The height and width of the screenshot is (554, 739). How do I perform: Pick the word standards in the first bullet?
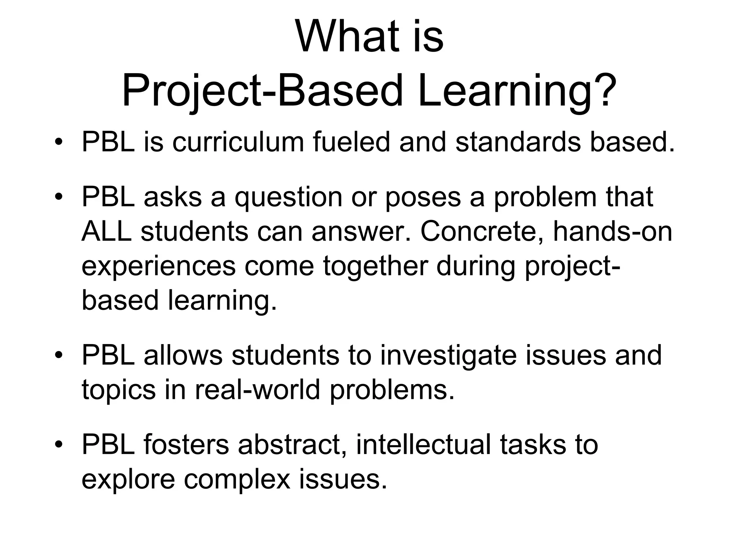click(x=518, y=142)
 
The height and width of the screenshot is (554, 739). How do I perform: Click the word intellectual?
click(x=423, y=444)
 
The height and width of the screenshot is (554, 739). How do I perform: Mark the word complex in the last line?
click(x=237, y=480)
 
